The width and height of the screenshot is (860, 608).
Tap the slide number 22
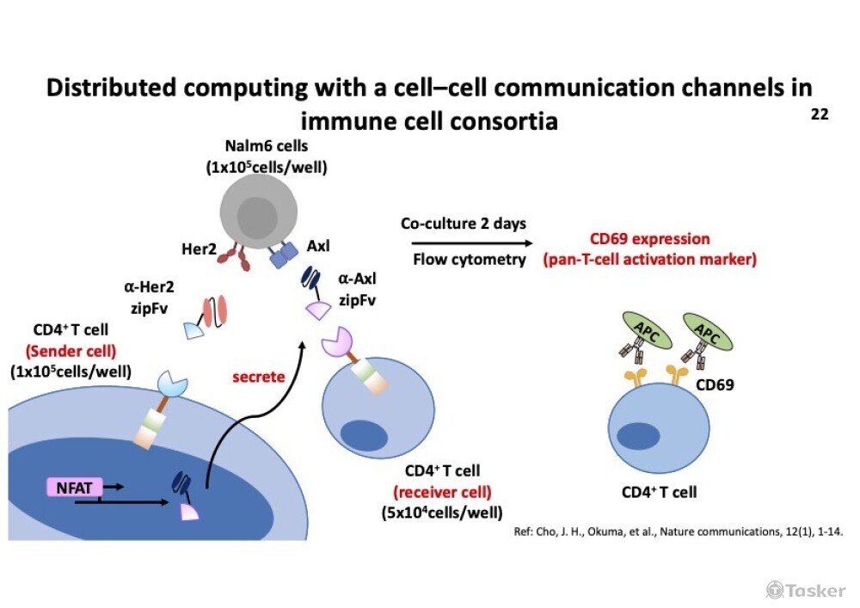click(819, 114)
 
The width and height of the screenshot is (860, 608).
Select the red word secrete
click(259, 377)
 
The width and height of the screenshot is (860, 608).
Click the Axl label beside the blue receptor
click(318, 247)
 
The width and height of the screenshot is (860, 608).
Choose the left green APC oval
click(640, 326)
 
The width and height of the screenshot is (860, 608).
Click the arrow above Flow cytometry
click(464, 242)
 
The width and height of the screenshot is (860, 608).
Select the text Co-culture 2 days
click(463, 224)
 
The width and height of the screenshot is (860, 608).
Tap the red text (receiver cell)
click(442, 493)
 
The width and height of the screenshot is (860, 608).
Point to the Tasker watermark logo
click(806, 589)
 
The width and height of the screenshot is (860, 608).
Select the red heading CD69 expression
click(649, 238)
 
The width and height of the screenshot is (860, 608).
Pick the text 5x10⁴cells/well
click(442, 513)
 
